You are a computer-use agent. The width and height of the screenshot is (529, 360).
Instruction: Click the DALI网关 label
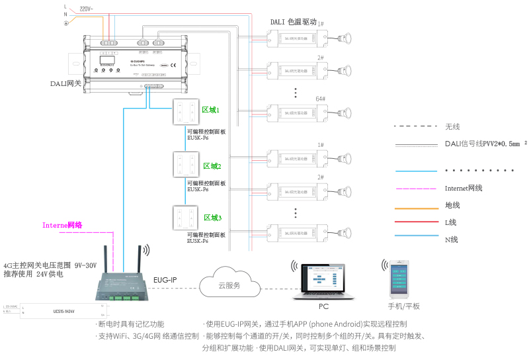tap(65, 83)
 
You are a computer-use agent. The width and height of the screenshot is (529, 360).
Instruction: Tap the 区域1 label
tap(211, 109)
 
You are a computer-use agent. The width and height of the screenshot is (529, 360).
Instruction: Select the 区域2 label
tap(212, 165)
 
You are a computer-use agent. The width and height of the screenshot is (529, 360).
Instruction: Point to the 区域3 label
tap(212, 218)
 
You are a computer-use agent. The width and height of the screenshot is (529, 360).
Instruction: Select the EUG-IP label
tap(165, 280)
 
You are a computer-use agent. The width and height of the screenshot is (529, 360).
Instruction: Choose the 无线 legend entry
tap(452, 126)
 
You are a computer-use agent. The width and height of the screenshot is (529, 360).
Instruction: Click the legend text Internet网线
tap(464, 188)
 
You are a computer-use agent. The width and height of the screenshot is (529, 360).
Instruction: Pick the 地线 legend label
tap(452, 205)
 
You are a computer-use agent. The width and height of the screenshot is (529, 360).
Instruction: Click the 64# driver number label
tap(320, 98)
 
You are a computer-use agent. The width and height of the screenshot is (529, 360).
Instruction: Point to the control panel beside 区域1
tap(183, 112)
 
